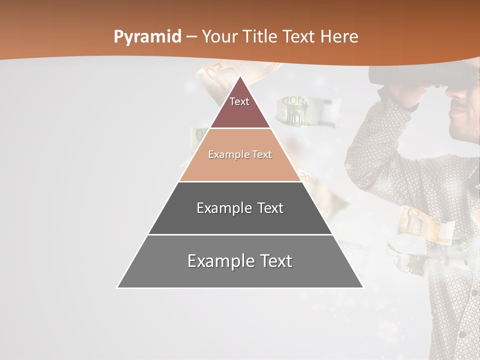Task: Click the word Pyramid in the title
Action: point(147,37)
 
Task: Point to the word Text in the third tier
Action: point(266,208)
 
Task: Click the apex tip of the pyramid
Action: point(240,77)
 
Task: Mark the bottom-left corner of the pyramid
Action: point(118,287)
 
